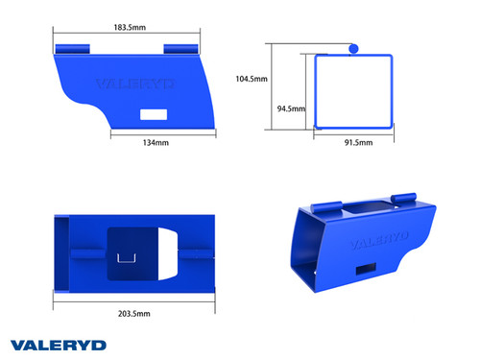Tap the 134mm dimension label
[x=156, y=142]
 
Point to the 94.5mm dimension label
[x=293, y=108]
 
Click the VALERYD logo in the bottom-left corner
[x=58, y=344]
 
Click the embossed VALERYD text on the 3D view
[x=380, y=236]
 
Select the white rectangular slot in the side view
[x=154, y=114]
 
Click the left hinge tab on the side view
[x=73, y=47]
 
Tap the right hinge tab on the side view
[x=182, y=48]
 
